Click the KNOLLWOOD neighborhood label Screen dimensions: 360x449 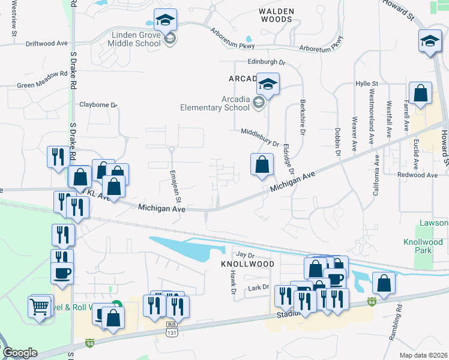tap(247, 264)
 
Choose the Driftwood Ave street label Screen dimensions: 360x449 tap(47, 44)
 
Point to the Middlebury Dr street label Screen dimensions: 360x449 tap(261, 137)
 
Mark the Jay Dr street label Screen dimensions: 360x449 tap(242, 255)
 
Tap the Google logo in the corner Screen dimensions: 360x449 tap(20, 353)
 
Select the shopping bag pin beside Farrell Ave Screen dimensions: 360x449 tap(420, 94)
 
